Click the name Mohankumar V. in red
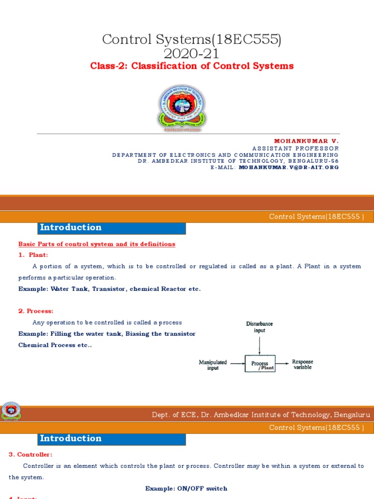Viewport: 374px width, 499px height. point(306,141)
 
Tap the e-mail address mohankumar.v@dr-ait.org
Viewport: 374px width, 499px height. point(288,167)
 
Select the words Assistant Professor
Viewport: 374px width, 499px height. point(296,148)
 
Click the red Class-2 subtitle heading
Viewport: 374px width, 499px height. point(192,66)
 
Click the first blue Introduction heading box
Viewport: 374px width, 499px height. point(112,228)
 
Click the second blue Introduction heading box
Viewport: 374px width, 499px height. point(112,439)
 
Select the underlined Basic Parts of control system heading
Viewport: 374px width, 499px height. point(96,244)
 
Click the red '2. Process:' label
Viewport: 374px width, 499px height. point(36,311)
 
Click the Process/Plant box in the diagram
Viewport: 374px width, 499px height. point(260,364)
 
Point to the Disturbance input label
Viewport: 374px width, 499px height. point(259,326)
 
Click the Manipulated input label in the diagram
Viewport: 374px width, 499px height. point(213,365)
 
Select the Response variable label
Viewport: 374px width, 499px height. point(302,365)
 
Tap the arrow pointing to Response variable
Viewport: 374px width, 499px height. point(282,363)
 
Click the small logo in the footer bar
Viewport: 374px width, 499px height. point(11,412)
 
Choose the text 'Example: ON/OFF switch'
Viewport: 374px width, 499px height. point(186,488)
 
